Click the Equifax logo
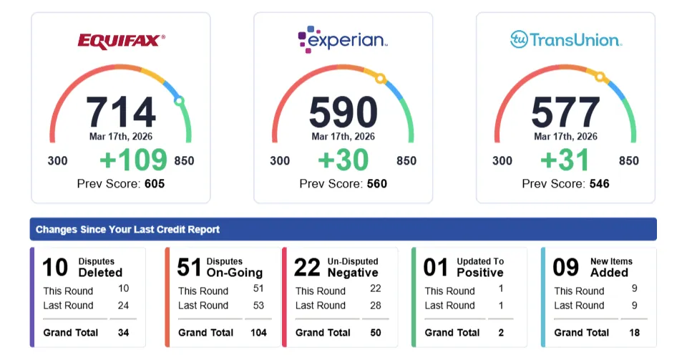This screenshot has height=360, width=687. point(121,41)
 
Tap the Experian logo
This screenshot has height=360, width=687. point(343,40)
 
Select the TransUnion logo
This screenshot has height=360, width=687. point(565,39)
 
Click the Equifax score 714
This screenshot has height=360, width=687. point(121,112)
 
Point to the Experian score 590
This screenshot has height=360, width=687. point(343,112)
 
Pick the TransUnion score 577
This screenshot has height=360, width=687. point(565,112)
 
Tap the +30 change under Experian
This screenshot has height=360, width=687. point(343,160)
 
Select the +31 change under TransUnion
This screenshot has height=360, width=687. point(565,160)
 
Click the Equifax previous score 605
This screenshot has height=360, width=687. point(154,184)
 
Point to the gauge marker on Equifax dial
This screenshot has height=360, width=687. point(179,101)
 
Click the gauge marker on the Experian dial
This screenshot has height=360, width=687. point(381,78)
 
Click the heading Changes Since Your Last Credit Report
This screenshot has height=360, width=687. point(128,230)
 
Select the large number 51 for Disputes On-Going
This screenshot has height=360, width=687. point(189,267)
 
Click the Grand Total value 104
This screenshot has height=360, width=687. point(258,332)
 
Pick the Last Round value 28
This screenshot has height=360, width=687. point(375,306)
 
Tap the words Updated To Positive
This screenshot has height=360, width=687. point(480,267)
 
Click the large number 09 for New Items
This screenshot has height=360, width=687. point(565,267)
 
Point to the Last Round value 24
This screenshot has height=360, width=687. point(124,306)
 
